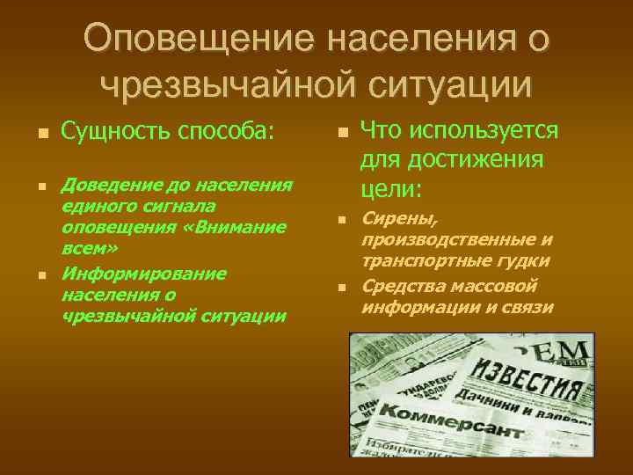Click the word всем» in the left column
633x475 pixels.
[82, 249]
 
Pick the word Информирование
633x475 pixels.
[143, 273]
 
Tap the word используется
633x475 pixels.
[499, 131]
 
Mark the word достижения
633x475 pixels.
[498, 160]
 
